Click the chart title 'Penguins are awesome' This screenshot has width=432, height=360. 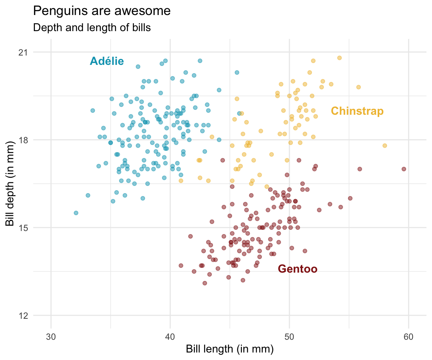click(102, 11)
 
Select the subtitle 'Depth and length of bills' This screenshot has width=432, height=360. click(92, 27)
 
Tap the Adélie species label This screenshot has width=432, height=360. click(107, 61)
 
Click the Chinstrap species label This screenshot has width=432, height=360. click(357, 111)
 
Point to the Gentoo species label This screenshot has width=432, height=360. click(298, 269)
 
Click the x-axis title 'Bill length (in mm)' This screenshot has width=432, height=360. click(230, 349)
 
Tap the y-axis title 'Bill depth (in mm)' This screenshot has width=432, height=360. click(10, 184)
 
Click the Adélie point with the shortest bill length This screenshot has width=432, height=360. click(76, 213)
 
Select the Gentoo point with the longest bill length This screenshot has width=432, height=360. click(404, 169)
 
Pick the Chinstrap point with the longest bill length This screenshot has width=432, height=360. click(384, 145)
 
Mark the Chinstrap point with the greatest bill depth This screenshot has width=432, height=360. click(339, 58)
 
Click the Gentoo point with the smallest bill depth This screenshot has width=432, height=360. click(205, 283)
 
